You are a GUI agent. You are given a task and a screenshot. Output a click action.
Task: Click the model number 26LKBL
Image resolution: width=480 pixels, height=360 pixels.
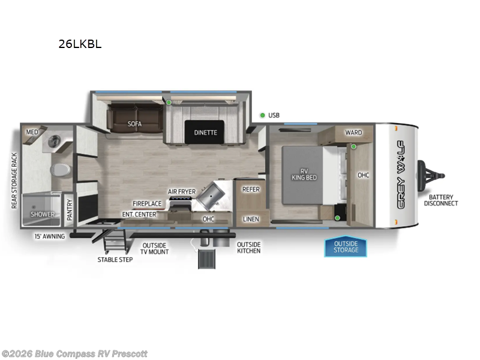pyautogui.click(x=80, y=44)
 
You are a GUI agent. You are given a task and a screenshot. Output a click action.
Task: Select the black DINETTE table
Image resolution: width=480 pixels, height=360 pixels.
pyautogui.click(x=205, y=133)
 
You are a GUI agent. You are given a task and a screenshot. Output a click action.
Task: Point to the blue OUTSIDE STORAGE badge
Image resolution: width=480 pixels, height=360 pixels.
pyautogui.click(x=346, y=247)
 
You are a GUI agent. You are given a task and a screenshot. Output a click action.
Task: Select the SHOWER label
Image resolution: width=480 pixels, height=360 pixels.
pyautogui.click(x=43, y=214)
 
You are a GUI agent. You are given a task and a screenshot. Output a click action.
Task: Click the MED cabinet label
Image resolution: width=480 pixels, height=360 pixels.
pyautogui.click(x=31, y=132)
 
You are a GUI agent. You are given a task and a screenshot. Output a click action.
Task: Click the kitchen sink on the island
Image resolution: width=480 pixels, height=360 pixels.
pyautogui.click(x=212, y=194)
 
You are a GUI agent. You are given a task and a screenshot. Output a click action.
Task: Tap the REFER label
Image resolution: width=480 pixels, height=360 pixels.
pyautogui.click(x=251, y=189)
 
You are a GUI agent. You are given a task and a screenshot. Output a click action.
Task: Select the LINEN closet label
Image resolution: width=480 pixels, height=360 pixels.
pyautogui.click(x=251, y=219)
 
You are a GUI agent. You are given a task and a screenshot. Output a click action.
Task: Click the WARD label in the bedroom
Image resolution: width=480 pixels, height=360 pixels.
pyautogui.click(x=353, y=132)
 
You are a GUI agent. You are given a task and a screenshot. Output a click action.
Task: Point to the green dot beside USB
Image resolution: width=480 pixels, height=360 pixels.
pyautogui.click(x=262, y=115)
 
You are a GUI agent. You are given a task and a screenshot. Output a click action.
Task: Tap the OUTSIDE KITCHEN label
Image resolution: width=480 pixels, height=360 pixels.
pyautogui.click(x=248, y=247)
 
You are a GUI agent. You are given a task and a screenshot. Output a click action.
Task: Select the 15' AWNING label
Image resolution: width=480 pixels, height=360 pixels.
pyautogui.click(x=49, y=236)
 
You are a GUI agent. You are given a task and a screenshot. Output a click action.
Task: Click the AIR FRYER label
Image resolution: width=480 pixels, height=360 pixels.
pyautogui.click(x=182, y=191)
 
